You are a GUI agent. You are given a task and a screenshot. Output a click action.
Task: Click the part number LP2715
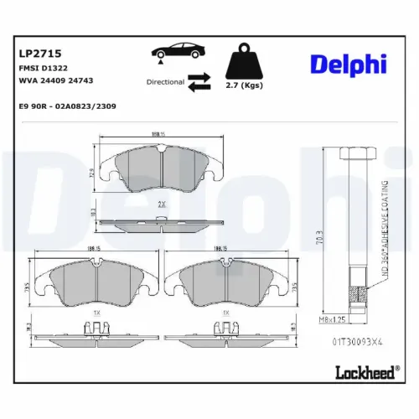pyautogui.click(x=35, y=52)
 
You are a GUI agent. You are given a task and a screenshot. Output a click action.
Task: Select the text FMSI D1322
pyautogui.click(x=40, y=68)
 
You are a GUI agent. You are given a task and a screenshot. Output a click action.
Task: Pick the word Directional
pyautogui.click(x=165, y=82)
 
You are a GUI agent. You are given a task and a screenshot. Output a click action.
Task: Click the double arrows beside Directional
pyautogui.click(x=199, y=81)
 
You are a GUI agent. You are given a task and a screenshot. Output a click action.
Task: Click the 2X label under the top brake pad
pyautogui.click(x=161, y=204)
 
